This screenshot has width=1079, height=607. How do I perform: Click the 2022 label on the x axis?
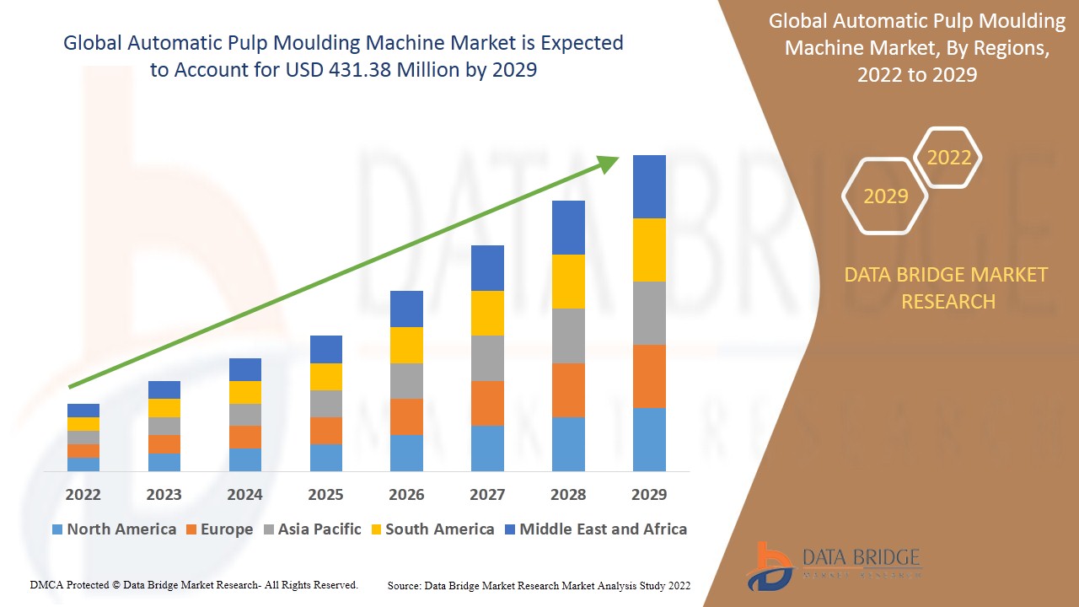click(83, 494)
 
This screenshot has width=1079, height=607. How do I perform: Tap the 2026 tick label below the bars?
click(406, 494)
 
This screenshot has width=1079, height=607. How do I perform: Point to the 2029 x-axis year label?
click(649, 494)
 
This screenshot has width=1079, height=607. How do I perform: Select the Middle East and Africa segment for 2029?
click(649, 186)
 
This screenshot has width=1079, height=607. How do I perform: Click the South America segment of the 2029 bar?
click(649, 250)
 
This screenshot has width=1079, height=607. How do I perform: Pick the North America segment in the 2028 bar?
click(568, 443)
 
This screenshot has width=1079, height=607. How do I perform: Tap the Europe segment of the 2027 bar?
click(487, 403)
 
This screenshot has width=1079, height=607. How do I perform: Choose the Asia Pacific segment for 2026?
click(406, 381)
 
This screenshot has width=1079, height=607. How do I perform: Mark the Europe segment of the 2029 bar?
click(649, 376)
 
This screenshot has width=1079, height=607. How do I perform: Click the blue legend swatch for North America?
click(57, 530)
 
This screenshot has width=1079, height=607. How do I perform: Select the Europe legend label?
click(226, 529)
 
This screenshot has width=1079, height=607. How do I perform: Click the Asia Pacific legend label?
click(319, 529)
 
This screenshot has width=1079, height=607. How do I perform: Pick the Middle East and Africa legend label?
click(603, 529)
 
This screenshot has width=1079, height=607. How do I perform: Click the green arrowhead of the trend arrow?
click(609, 163)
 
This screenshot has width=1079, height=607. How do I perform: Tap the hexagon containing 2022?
click(948, 158)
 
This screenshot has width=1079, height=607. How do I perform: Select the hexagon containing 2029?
click(885, 196)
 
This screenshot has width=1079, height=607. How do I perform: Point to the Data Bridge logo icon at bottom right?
click(769, 565)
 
